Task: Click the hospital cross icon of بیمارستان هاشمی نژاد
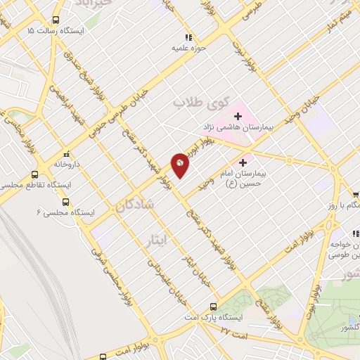coord(238,115)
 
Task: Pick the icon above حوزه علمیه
coord(187,37)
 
